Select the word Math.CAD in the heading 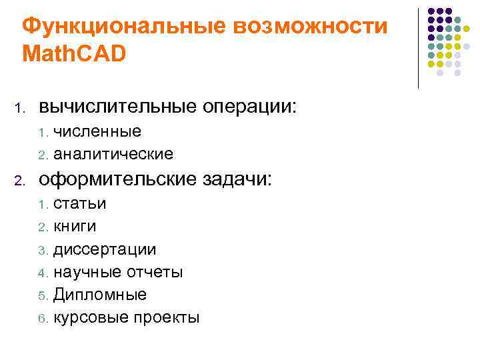pyautogui.click(x=74, y=54)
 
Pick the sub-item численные pyautogui.click(x=97, y=131)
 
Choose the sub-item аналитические pyautogui.click(x=113, y=155)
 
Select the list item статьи pyautogui.click(x=80, y=203)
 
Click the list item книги pyautogui.click(x=75, y=227)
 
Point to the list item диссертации pyautogui.click(x=105, y=250)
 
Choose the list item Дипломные pyautogui.click(x=100, y=295)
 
